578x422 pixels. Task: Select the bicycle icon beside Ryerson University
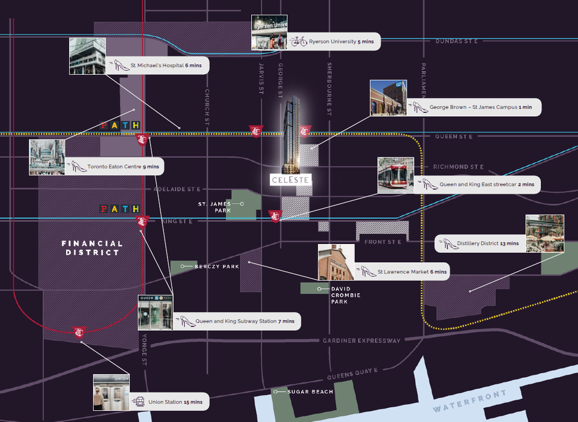tap(298, 42)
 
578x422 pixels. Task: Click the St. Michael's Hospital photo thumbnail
tap(87, 56)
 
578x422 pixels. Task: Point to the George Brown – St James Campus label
tap(480, 107)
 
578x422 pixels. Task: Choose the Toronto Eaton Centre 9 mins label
tap(123, 167)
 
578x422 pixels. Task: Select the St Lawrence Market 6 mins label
tap(412, 272)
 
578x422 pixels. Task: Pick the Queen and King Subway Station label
tap(244, 321)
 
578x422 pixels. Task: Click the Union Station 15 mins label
tap(175, 402)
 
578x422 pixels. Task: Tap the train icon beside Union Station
tap(140, 401)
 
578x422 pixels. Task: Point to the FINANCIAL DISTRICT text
tap(93, 248)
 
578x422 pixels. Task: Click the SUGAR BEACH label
tap(310, 391)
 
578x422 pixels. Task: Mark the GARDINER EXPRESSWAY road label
tap(362, 341)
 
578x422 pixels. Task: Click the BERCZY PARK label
tap(216, 266)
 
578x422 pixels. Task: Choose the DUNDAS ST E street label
tap(456, 41)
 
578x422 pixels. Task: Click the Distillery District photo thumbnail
tap(544, 234)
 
